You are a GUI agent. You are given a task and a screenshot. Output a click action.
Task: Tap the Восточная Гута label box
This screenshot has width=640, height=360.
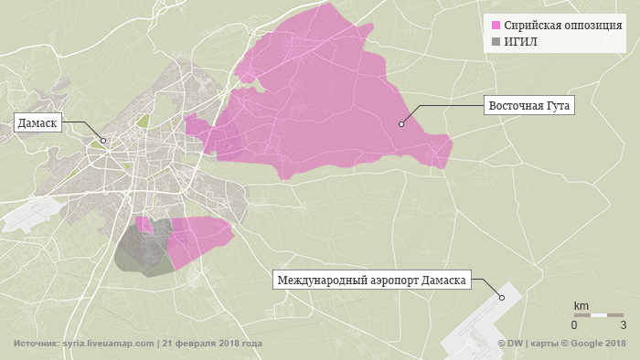pyautogui.click(x=529, y=106)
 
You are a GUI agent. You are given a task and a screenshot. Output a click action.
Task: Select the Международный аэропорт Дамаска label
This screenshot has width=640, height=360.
pyautogui.click(x=371, y=281)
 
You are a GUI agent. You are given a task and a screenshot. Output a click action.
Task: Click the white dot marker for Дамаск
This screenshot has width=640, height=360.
pyautogui.click(x=103, y=141)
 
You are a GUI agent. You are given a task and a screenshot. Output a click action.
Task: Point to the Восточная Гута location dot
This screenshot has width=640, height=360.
pyautogui.click(x=400, y=124)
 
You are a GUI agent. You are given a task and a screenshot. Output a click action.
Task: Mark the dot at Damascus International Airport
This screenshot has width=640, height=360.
pyautogui.click(x=501, y=297)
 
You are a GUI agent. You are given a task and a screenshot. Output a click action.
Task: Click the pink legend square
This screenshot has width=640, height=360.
pyautogui.click(x=496, y=25)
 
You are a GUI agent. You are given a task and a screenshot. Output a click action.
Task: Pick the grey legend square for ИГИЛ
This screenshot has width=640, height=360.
pyautogui.click(x=496, y=41)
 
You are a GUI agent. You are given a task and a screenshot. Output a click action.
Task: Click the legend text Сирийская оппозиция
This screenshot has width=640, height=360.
pyautogui.click(x=563, y=25)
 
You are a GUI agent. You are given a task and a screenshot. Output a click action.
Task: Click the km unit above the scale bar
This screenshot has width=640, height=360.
pyautogui.click(x=581, y=305)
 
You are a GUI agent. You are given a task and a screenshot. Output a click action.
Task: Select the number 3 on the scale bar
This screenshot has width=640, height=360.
pyautogui.click(x=623, y=324)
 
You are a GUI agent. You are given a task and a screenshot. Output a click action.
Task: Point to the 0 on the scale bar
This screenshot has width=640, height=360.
pyautogui.click(x=574, y=324)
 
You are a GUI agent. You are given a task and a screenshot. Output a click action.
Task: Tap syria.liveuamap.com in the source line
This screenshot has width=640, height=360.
pyautogui.click(x=108, y=344)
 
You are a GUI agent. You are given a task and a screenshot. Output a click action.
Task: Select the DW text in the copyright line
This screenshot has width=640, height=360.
pyautogui.click(x=514, y=344)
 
